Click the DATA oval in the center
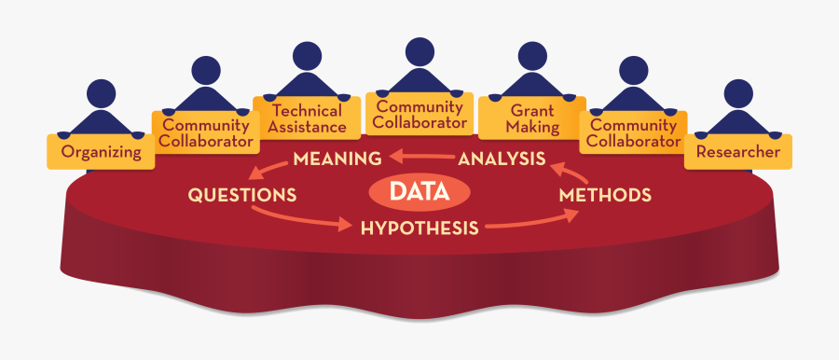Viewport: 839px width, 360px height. point(419,193)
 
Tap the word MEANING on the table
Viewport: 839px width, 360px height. point(337,159)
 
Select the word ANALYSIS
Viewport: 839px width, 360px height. point(501,159)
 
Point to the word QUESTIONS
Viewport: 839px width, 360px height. point(242,195)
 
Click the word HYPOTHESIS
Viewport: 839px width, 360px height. point(419,227)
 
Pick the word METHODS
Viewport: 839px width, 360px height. point(604,195)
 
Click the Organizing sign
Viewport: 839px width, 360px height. point(101,150)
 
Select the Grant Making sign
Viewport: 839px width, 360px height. point(532,118)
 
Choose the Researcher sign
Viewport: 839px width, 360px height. point(737,150)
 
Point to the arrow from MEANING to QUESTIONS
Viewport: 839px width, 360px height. point(269,168)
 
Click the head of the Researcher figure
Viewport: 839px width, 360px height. point(737,92)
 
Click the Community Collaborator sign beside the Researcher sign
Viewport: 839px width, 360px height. point(635,133)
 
